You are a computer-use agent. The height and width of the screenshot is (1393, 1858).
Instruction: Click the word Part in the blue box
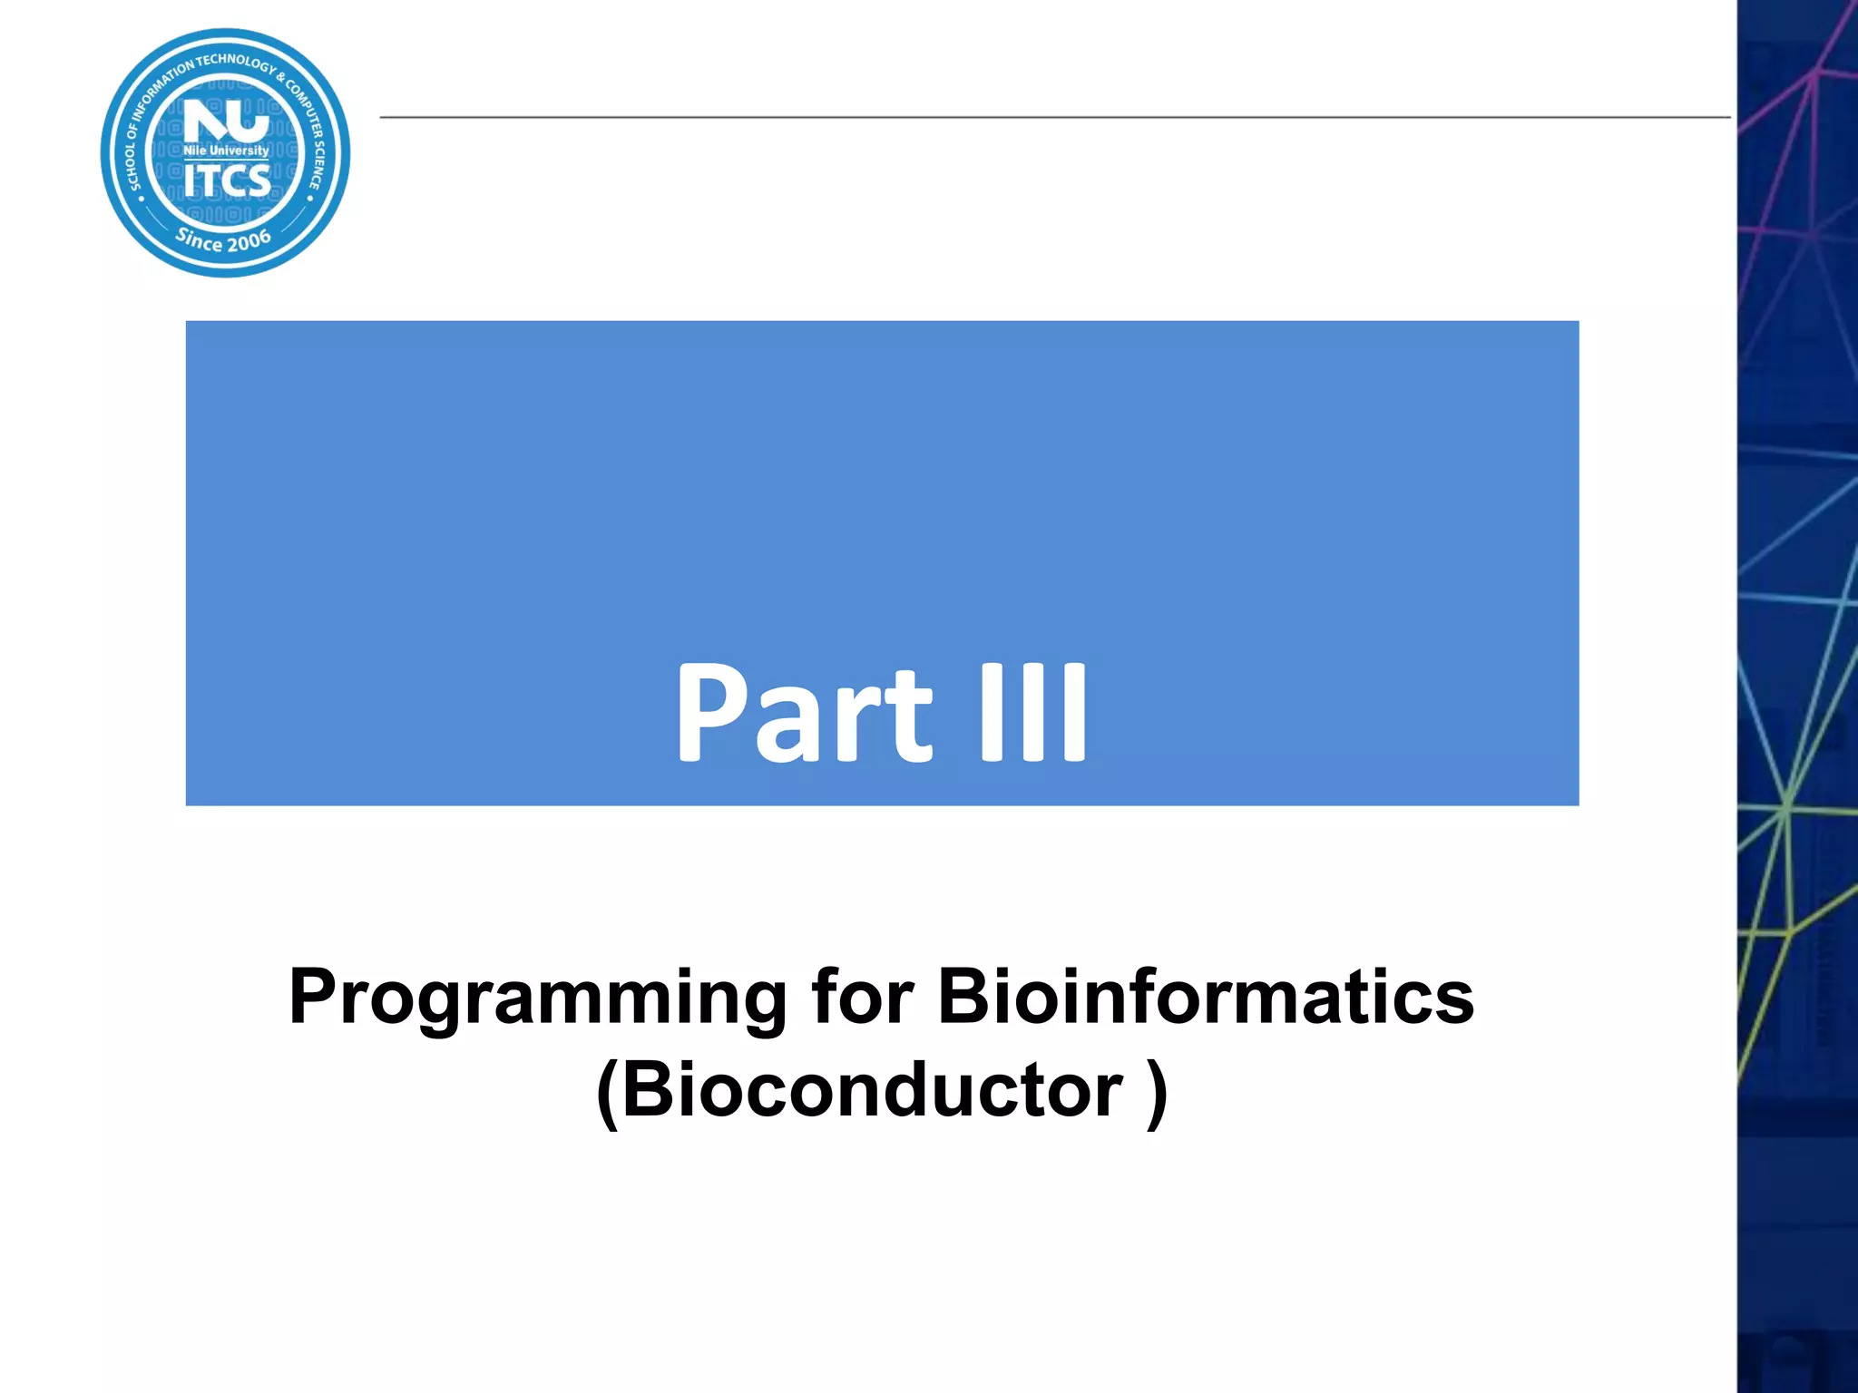point(803,712)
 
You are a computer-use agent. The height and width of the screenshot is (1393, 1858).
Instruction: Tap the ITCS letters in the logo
point(227,180)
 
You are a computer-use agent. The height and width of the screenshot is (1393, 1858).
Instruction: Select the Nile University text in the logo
point(226,151)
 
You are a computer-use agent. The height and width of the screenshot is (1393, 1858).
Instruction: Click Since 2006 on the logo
point(224,240)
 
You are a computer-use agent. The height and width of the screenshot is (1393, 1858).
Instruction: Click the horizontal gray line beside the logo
point(1052,117)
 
